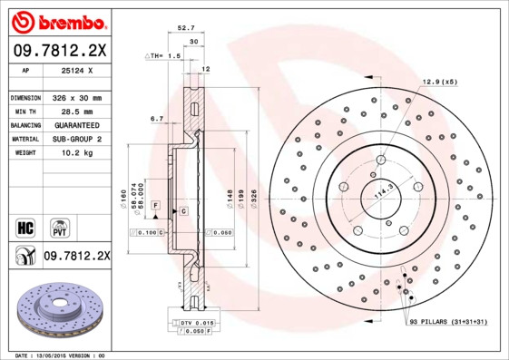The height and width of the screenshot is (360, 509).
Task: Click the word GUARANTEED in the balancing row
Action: (x=77, y=125)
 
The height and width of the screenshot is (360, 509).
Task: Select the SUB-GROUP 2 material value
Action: (x=75, y=139)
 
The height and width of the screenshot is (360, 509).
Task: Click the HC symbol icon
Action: (x=25, y=227)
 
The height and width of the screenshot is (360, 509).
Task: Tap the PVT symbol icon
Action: (x=59, y=227)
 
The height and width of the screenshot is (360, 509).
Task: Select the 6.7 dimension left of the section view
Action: (x=156, y=118)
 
